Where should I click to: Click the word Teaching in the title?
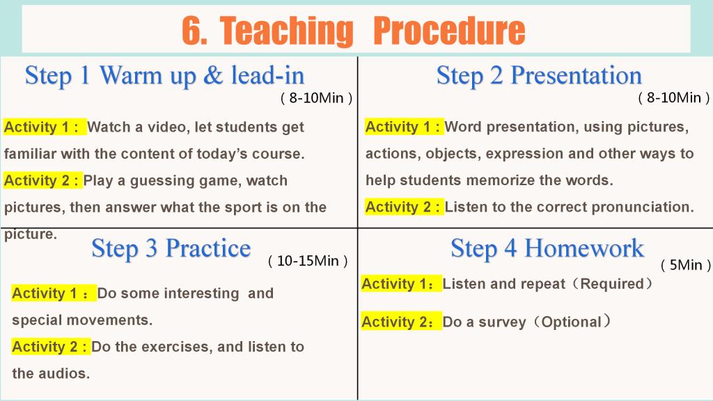[287, 31]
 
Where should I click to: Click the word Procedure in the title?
[449, 31]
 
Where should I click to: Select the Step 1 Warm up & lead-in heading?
[164, 75]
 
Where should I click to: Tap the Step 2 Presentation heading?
[540, 75]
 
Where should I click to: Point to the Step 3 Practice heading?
[171, 249]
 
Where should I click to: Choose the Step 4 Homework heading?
[547, 249]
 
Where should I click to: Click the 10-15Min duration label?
[308, 261]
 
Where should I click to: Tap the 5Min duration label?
[686, 265]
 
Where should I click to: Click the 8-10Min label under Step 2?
[674, 97]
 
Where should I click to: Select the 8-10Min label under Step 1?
[317, 97]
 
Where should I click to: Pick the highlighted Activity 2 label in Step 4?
[402, 322]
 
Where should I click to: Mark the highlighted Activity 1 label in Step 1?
[45, 127]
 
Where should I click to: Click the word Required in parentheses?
[612, 284]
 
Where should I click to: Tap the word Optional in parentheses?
[572, 322]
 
